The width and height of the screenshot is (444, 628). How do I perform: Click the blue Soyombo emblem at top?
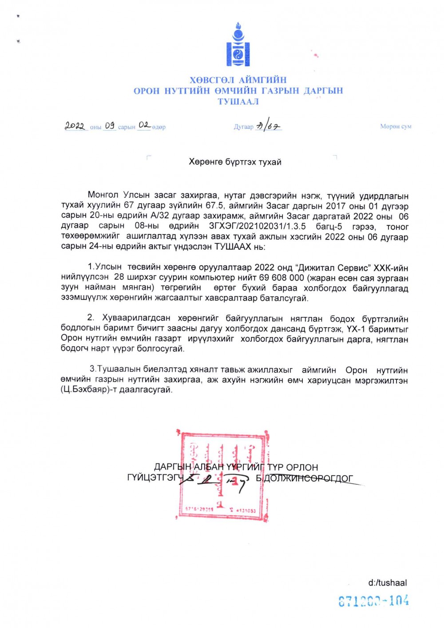pyautogui.click(x=238, y=46)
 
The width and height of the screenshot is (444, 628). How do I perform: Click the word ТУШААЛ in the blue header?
pyautogui.click(x=238, y=102)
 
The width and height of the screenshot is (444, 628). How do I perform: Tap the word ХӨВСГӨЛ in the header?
pyautogui.click(x=212, y=80)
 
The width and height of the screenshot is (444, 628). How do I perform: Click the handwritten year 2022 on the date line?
pyautogui.click(x=75, y=126)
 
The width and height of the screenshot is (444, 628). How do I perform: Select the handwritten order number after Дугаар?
pyautogui.click(x=269, y=126)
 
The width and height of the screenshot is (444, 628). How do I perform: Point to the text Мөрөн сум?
pyautogui.click(x=396, y=126)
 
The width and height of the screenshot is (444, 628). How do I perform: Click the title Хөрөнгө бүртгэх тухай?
pyautogui.click(x=235, y=162)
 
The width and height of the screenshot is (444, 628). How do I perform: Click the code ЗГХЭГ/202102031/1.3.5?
pyautogui.click(x=257, y=226)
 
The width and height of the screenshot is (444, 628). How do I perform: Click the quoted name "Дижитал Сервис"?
pyautogui.click(x=333, y=267)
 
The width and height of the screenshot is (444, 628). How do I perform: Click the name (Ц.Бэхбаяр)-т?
pyautogui.click(x=88, y=390)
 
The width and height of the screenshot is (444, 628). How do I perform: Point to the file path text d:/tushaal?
pyautogui.click(x=387, y=583)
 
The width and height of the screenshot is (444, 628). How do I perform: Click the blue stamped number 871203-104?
pyautogui.click(x=373, y=601)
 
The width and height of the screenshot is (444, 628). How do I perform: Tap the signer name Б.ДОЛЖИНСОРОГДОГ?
pyautogui.click(x=305, y=478)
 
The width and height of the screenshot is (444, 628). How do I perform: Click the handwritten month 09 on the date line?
pyautogui.click(x=110, y=126)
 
